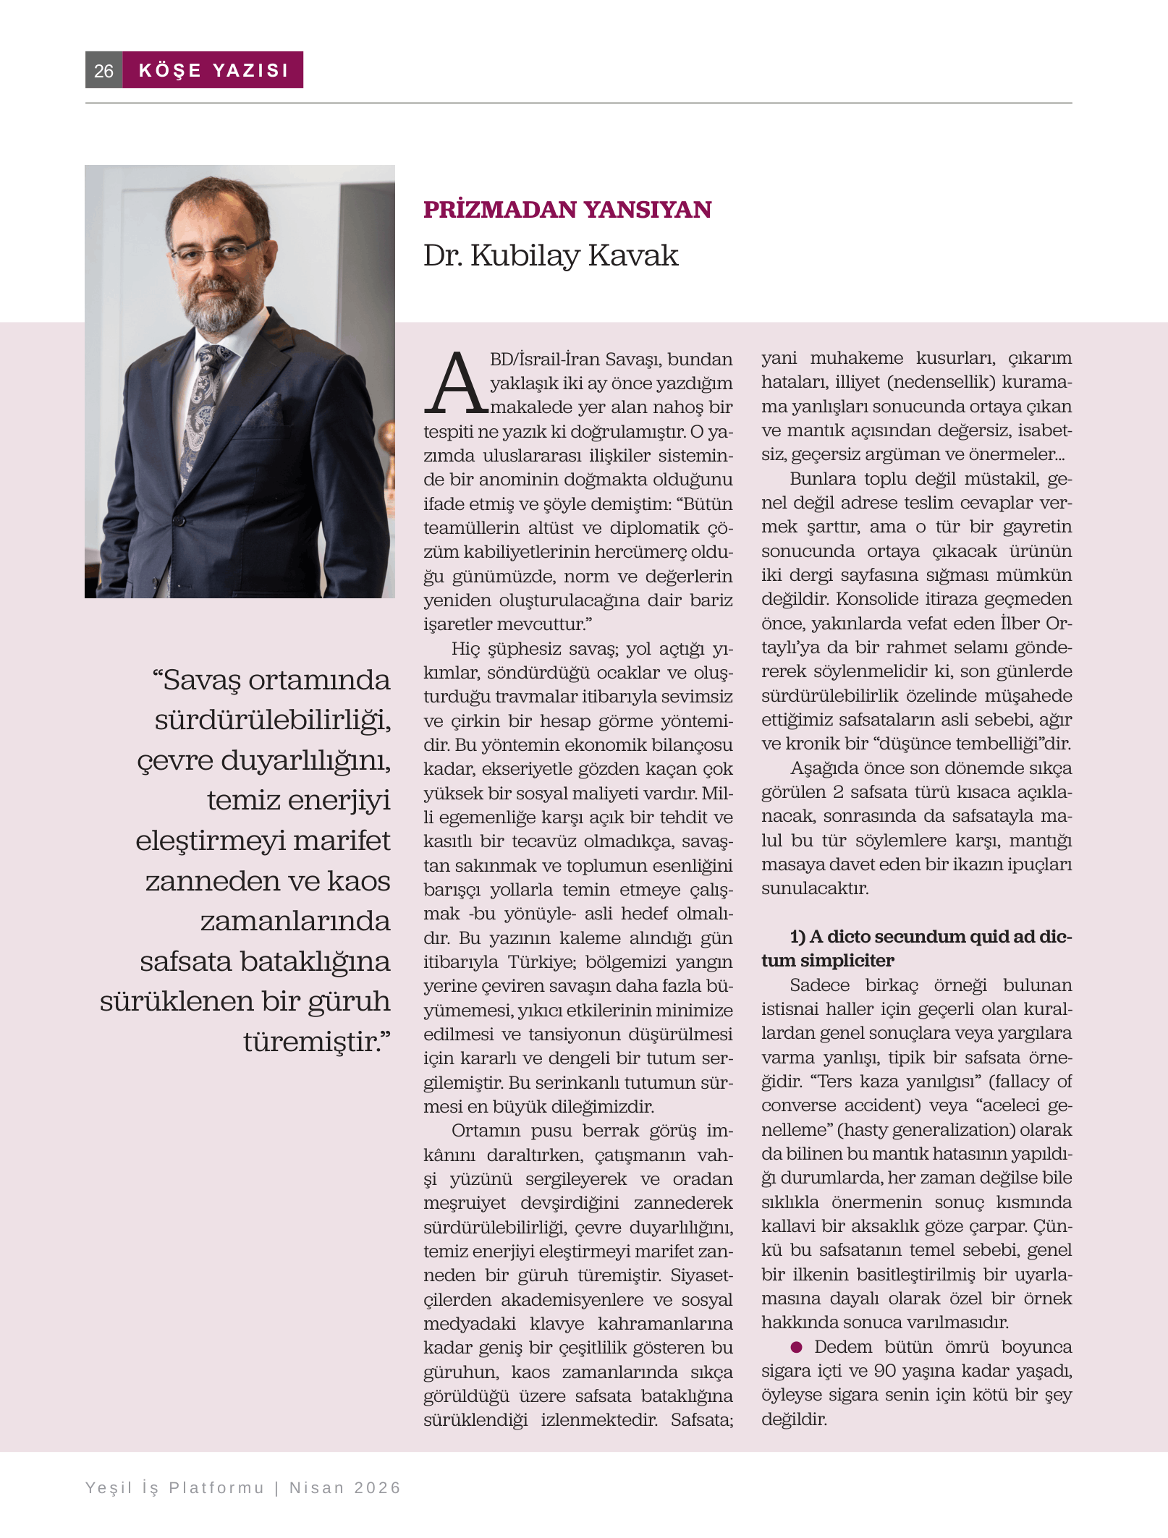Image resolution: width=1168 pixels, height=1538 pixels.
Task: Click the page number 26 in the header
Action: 103,71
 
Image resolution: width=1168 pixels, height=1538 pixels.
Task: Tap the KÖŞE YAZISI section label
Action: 213,70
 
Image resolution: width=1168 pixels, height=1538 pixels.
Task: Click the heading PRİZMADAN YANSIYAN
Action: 567,210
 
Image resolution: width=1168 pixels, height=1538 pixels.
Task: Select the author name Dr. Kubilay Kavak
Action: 551,255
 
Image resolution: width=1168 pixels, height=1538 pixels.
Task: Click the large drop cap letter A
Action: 454,384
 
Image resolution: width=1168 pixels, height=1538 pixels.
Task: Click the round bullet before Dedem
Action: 797,1347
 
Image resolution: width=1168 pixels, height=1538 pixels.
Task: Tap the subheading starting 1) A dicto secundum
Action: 915,948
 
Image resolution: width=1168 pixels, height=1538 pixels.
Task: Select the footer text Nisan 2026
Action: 344,1488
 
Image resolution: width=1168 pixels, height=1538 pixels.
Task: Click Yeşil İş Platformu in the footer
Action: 174,1488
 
